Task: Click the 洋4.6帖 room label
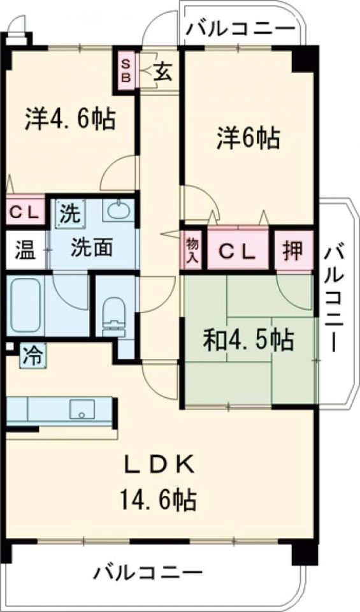(70, 119)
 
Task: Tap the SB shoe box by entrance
(126, 71)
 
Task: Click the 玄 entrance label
(162, 72)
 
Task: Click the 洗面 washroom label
(91, 247)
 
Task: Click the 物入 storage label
(192, 248)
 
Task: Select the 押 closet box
(294, 248)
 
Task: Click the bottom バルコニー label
(148, 571)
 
